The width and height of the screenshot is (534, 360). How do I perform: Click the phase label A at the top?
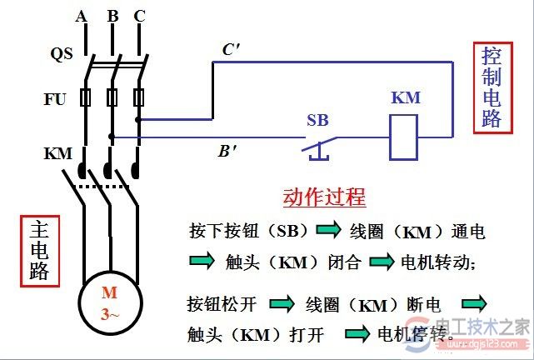(x=81, y=17)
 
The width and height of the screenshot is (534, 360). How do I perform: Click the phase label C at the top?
(x=139, y=17)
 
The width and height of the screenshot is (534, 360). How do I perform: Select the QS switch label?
(x=61, y=54)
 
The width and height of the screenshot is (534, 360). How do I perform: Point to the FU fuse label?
(x=55, y=98)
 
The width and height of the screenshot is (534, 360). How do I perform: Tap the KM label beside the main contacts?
(x=57, y=154)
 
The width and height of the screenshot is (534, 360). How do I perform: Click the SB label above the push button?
(x=317, y=120)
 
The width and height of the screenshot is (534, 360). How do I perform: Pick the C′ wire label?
(x=231, y=50)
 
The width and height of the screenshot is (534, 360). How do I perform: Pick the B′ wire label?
(x=227, y=152)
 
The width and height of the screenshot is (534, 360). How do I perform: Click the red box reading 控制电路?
(x=492, y=87)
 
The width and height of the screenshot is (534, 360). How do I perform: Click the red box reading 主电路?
(x=39, y=249)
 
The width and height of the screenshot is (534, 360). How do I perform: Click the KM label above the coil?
(x=406, y=97)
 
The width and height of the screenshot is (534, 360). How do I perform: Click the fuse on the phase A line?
(x=85, y=98)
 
